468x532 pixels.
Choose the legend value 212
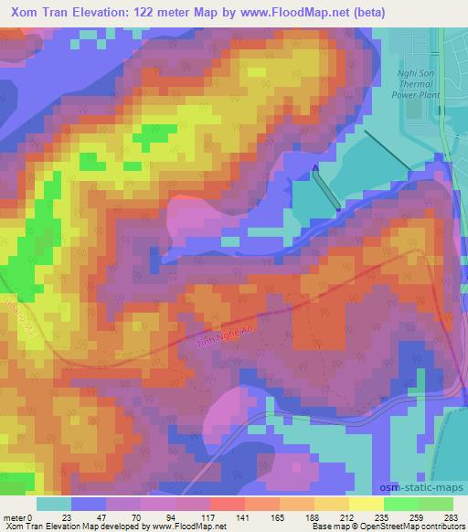click(x=343, y=516)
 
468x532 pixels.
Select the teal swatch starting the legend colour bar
click(x=54, y=504)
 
